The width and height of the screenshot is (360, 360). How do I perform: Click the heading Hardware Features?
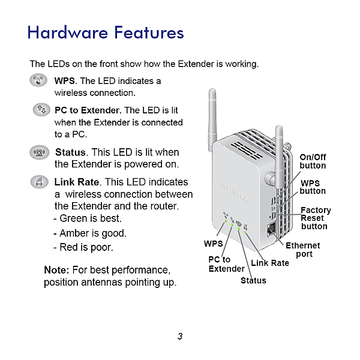click(105, 32)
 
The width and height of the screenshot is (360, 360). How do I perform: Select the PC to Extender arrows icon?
click(41, 110)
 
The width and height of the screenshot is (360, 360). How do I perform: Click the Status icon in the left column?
click(40, 152)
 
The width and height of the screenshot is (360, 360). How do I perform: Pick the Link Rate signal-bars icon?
click(40, 182)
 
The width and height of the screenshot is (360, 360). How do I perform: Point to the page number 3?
click(179, 336)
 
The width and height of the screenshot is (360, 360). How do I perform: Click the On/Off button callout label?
click(313, 161)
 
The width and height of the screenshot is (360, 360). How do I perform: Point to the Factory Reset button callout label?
click(315, 218)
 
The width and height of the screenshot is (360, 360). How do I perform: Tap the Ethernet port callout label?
click(303, 250)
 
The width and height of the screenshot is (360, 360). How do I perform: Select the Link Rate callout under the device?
click(270, 263)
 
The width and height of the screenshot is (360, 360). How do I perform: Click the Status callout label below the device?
click(253, 280)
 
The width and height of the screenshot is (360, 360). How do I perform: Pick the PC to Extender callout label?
click(225, 264)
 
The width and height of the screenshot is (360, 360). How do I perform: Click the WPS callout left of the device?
click(213, 244)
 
